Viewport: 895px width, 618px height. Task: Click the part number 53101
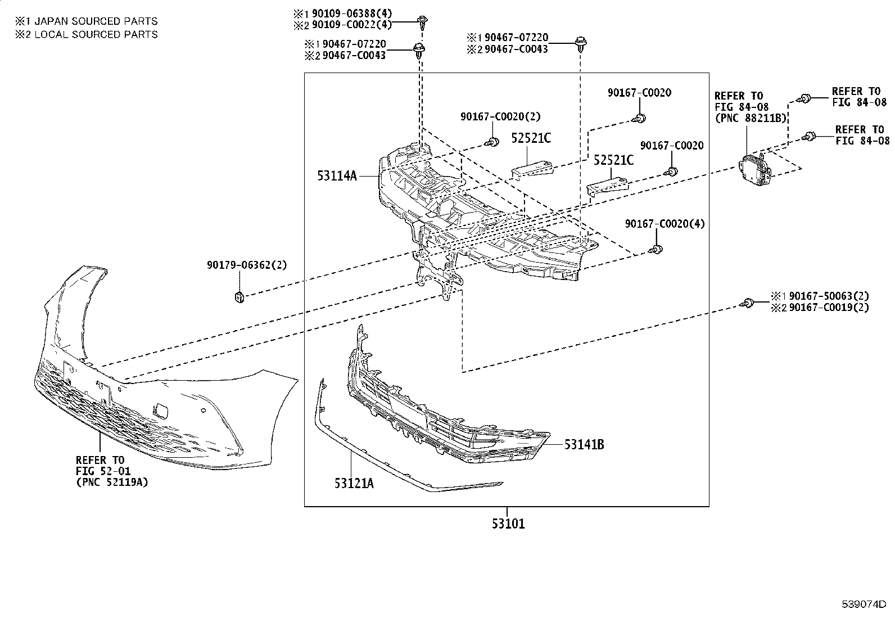508,524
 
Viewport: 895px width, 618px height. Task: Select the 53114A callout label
337,175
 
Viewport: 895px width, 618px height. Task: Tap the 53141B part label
584,444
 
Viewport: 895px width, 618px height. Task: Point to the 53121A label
354,483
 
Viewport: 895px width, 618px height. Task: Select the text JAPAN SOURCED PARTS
96,21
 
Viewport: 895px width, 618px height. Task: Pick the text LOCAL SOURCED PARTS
96,34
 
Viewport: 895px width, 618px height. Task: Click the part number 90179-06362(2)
247,265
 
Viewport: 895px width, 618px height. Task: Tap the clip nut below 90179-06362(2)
239,297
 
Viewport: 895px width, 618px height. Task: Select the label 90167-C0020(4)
665,223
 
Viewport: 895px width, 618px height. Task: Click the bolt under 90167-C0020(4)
656,250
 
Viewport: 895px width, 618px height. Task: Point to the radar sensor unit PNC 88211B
755,170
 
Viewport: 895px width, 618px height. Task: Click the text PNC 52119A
112,482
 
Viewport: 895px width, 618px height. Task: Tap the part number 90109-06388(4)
352,13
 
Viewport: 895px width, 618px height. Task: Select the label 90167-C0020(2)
500,116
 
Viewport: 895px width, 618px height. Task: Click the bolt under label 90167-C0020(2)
492,142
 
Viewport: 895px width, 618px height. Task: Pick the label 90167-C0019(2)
829,308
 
